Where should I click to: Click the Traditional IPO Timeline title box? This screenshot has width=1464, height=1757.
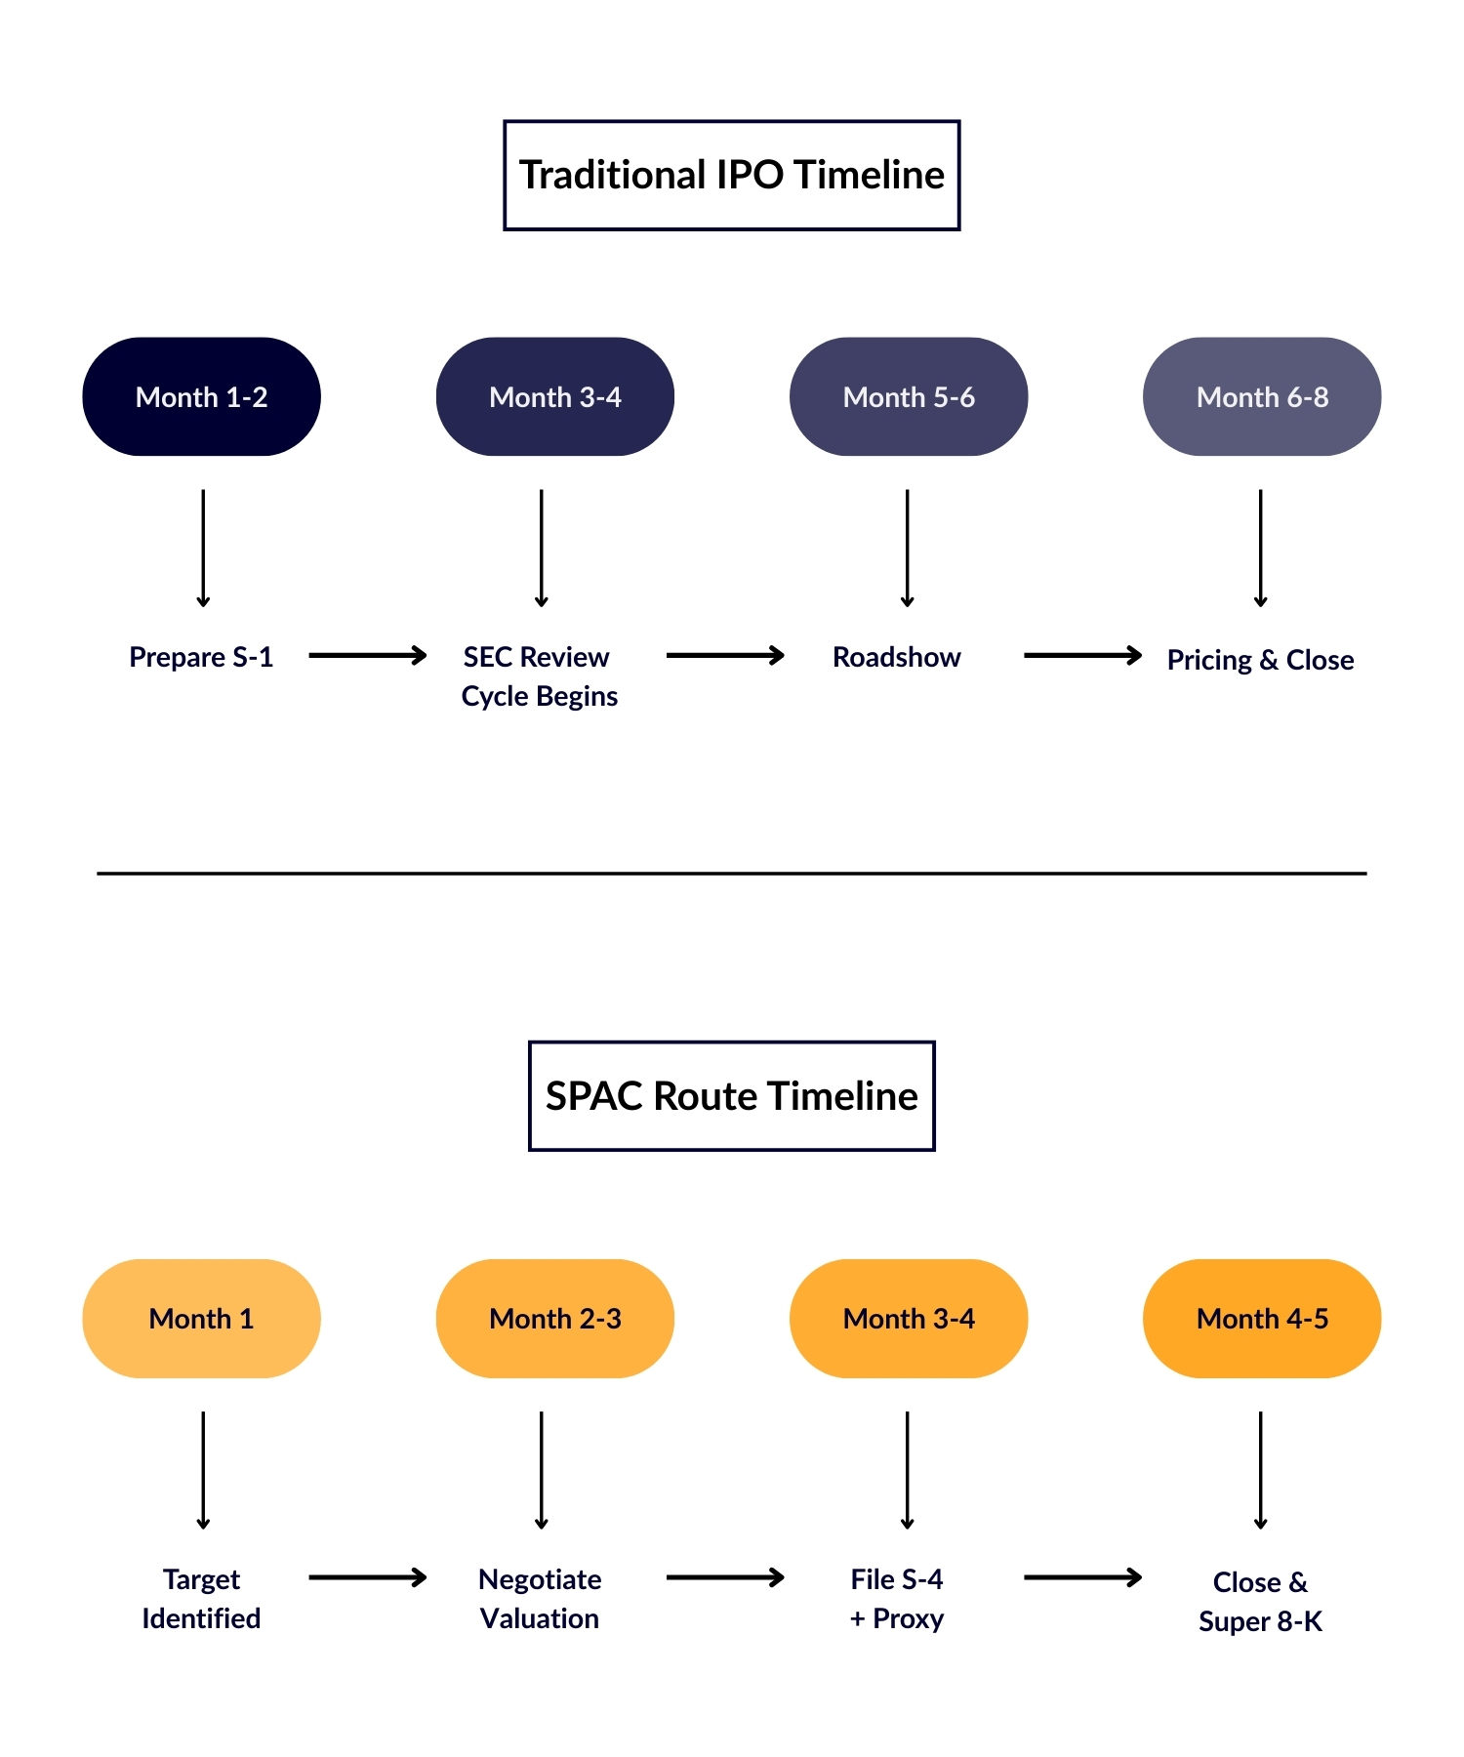click(731, 176)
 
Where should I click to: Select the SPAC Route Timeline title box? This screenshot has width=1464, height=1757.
click(731, 1096)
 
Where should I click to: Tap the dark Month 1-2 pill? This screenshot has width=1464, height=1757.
click(201, 397)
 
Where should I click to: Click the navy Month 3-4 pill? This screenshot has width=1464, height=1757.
click(554, 397)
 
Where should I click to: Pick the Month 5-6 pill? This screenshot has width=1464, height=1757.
click(908, 397)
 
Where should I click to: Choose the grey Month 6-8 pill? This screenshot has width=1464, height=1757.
click(1261, 397)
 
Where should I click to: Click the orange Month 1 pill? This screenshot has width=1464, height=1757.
click(201, 1319)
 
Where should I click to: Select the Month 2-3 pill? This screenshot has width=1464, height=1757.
click(554, 1319)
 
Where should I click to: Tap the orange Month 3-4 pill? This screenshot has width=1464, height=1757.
click(908, 1319)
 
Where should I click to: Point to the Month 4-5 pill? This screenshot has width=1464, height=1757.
click(1261, 1319)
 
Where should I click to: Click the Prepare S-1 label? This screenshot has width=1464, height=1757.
click(201, 657)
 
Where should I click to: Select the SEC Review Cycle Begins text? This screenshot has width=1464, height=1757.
click(539, 676)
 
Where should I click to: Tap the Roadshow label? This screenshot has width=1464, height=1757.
click(896, 657)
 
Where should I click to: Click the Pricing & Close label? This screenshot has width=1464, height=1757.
click(1260, 660)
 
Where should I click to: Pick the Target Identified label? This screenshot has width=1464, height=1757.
click(201, 1598)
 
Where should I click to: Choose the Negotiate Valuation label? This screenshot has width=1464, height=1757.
click(540, 1598)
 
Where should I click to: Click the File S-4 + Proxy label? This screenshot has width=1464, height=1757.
click(896, 1598)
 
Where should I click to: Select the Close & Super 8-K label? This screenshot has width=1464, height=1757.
click(1260, 1601)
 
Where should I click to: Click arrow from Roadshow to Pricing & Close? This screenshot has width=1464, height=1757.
click(1081, 655)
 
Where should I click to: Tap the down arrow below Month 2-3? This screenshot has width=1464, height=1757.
click(541, 1469)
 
